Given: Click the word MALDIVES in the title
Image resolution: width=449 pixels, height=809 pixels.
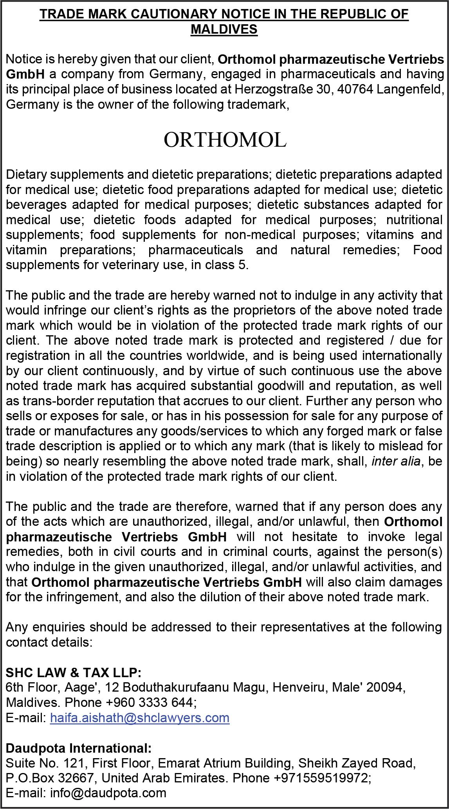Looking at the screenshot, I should pyautogui.click(x=224, y=29).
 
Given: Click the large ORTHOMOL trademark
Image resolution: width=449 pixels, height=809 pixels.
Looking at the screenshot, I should pyautogui.click(x=225, y=140).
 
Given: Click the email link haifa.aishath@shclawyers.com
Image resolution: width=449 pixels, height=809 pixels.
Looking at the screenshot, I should pyautogui.click(x=139, y=717).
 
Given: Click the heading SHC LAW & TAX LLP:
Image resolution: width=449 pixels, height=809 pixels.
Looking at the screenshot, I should pyautogui.click(x=74, y=672).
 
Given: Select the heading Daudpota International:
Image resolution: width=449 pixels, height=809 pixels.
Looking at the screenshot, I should pyautogui.click(x=78, y=748).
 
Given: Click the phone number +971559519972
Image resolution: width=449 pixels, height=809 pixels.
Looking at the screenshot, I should pyautogui.click(x=321, y=778).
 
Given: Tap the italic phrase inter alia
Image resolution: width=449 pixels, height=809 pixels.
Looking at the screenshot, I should pyautogui.click(x=396, y=461).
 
